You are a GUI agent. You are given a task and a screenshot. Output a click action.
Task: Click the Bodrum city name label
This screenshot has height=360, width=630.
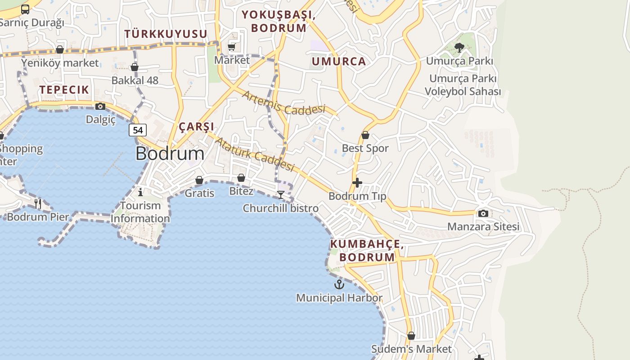pyautogui.click(x=170, y=154)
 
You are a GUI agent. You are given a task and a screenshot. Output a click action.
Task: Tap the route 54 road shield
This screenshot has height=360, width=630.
pyautogui.click(x=138, y=130)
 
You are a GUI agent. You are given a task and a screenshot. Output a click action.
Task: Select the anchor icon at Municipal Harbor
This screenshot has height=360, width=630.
pyautogui.click(x=339, y=284)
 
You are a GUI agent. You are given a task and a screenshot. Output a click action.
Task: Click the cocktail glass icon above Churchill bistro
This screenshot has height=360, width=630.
pyautogui.click(x=281, y=195)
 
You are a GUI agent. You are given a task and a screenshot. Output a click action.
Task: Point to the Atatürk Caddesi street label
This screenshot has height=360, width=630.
pyautogui.click(x=254, y=154)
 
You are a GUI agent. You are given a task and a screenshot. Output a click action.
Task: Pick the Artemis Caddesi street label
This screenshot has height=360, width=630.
pyautogui.click(x=283, y=103)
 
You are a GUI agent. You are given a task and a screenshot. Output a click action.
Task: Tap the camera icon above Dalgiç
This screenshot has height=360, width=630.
pyautogui.click(x=100, y=107)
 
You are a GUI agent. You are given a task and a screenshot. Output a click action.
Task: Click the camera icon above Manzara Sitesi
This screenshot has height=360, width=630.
pyautogui.click(x=483, y=213)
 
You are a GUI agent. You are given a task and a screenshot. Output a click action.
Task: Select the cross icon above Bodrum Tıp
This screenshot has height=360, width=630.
pyautogui.click(x=357, y=183)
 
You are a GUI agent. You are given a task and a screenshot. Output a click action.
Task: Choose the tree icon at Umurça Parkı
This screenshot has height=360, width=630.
pyautogui.click(x=459, y=47)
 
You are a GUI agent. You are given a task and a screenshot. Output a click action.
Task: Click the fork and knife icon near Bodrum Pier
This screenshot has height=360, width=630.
pyautogui.click(x=38, y=204)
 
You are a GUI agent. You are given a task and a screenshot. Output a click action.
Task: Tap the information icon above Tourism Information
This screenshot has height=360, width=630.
pyautogui.click(x=140, y=193)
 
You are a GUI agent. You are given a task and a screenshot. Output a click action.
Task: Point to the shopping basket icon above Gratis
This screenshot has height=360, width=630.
pyautogui.click(x=199, y=180)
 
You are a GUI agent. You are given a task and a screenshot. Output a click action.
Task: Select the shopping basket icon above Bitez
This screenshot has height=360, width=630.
pyautogui.click(x=241, y=178)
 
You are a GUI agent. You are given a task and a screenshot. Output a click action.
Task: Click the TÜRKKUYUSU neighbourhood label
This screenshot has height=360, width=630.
pyautogui.click(x=166, y=34)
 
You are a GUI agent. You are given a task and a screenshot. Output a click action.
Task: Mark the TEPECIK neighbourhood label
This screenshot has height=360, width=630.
pyautogui.click(x=64, y=90)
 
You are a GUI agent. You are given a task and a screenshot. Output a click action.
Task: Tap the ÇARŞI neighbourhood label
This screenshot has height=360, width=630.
pyautogui.click(x=196, y=126)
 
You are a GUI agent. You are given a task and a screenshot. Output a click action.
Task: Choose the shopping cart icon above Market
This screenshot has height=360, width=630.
pyautogui.click(x=232, y=47)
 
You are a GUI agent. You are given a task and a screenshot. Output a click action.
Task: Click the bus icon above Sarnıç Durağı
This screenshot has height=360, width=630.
pyautogui.click(x=25, y=9)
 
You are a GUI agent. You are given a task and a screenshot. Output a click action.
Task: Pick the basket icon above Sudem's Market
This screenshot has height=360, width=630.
pyautogui.click(x=411, y=336)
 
